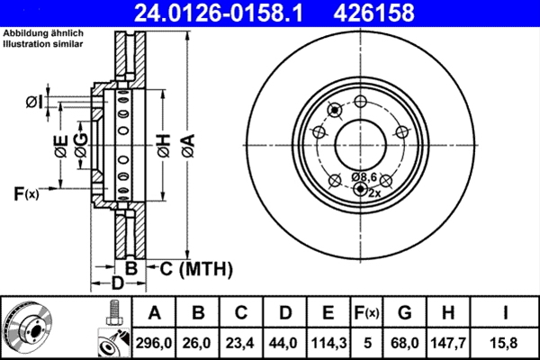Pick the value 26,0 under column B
(x=198, y=342)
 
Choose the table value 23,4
(x=241, y=342)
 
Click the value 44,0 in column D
(x=284, y=342)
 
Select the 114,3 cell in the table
(x=328, y=342)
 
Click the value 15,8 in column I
(x=507, y=342)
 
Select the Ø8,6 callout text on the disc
(x=365, y=177)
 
